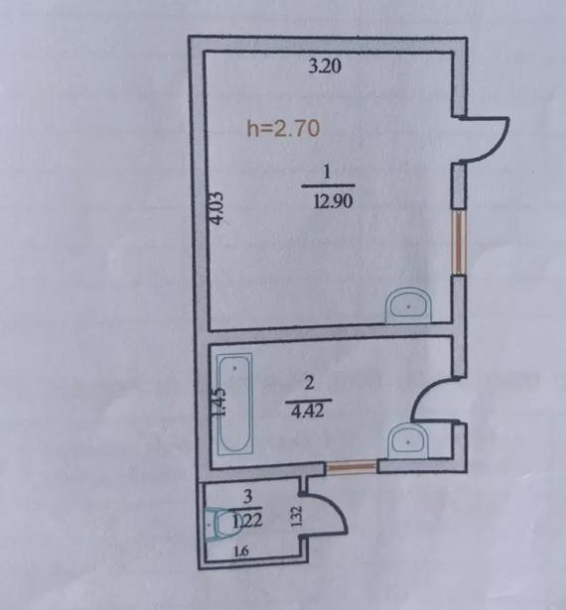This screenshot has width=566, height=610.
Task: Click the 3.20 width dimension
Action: [x=325, y=66]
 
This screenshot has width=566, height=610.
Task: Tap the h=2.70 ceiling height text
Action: [x=284, y=128]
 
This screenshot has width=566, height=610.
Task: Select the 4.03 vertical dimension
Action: [x=216, y=208]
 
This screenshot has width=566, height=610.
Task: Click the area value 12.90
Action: [x=333, y=201]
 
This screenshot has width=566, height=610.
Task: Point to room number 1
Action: [x=328, y=172]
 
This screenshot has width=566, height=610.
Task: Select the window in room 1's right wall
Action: [x=460, y=243]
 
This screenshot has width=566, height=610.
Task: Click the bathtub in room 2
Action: [x=235, y=404]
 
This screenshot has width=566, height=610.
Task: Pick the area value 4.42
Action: [x=308, y=411]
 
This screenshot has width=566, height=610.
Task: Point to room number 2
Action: [x=309, y=383]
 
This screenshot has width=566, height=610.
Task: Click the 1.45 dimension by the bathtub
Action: [x=219, y=403]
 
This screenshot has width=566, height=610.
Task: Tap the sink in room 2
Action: [x=408, y=441]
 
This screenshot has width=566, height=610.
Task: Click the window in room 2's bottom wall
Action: [x=352, y=466]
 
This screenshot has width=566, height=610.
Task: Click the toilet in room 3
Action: [x=218, y=525]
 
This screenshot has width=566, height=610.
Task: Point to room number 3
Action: [x=247, y=496]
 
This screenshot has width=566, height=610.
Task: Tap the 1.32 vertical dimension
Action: [x=297, y=516]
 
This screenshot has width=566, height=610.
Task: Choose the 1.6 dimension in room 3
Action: [x=241, y=550]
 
